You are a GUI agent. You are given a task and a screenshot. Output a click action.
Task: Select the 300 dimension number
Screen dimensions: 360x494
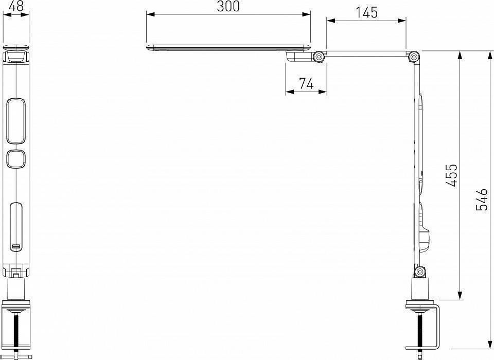tap(228, 6)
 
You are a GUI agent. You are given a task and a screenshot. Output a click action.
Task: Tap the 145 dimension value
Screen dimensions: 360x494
tap(366, 12)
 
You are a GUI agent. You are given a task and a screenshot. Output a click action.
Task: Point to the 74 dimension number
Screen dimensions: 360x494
tap(306, 83)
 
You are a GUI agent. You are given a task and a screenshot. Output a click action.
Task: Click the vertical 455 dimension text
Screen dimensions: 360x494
tap(451, 175)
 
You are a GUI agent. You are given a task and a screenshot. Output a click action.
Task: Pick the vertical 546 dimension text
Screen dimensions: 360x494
tap(482, 200)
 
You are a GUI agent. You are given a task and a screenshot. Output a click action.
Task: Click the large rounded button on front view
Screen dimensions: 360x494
tap(16, 120)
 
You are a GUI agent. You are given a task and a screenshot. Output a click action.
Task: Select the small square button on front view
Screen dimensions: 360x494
tap(16, 158)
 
